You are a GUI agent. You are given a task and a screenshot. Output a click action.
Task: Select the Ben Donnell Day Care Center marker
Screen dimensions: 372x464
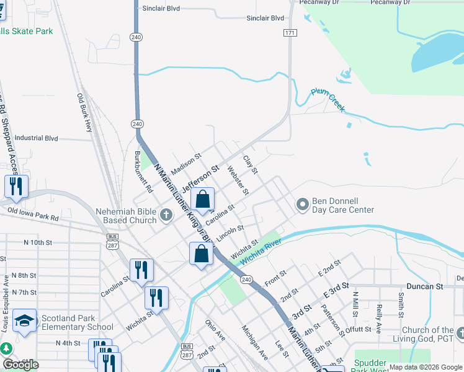[303, 204]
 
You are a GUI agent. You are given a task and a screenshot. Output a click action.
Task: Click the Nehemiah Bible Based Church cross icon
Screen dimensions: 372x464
[166, 215]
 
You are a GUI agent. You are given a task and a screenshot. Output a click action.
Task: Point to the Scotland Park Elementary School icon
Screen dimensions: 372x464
[24, 321]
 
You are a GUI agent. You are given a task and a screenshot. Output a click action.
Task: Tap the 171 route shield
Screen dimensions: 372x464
[290, 32]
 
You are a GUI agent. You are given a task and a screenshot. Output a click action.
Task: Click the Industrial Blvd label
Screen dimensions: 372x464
[36, 138]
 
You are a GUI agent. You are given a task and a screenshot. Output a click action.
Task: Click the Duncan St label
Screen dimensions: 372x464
[425, 286]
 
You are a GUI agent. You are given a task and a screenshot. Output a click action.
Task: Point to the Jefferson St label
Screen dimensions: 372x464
[200, 177]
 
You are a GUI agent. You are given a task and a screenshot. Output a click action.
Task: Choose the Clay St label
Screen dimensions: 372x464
[250, 164]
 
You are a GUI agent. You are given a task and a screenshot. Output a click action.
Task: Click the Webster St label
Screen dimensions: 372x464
[238, 179]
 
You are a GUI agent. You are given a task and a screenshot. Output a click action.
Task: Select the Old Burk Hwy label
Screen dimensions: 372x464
[84, 112]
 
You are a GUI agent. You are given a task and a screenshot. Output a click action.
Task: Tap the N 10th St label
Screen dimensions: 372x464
[36, 242]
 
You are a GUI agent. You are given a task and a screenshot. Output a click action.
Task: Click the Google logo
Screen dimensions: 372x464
[20, 365]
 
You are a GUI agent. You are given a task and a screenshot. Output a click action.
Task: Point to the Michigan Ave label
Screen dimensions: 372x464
[255, 342]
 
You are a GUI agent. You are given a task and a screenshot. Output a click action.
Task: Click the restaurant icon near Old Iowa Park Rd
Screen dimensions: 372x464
[16, 186]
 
